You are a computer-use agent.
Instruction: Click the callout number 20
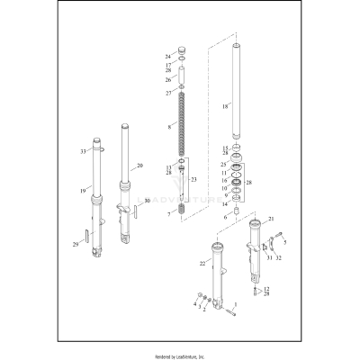click(x=139, y=166)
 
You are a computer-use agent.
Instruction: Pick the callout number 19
click(x=83, y=191)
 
